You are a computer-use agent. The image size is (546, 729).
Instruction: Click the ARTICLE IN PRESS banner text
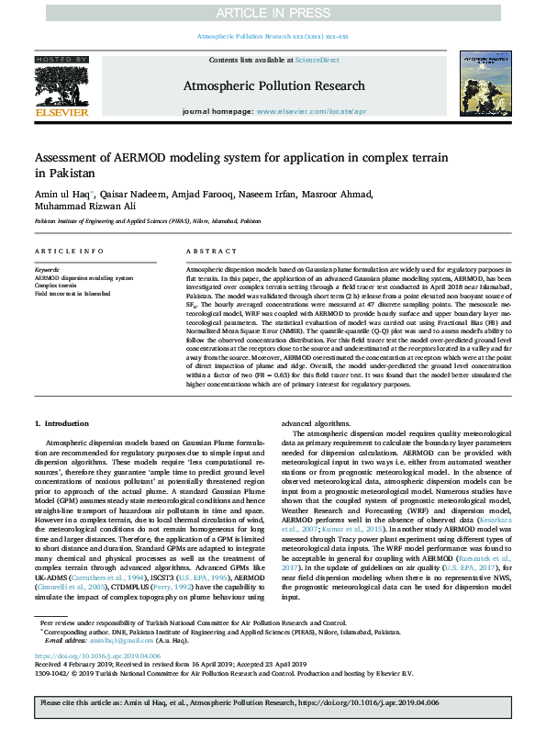point(273,12)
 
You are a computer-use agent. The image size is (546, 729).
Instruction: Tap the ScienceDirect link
point(317,60)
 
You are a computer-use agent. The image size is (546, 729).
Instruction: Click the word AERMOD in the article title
point(139,157)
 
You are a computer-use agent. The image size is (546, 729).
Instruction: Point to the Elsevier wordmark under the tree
point(61,113)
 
